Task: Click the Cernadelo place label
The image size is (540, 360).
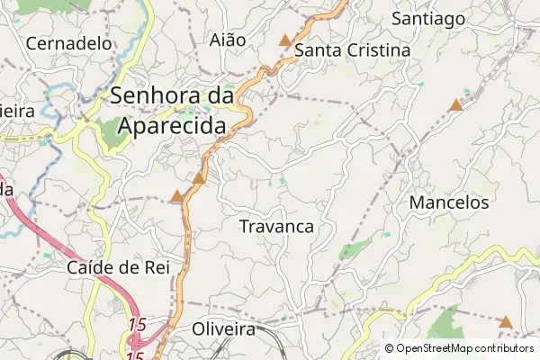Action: pos(69,42)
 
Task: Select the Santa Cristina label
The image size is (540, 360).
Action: pos(353,50)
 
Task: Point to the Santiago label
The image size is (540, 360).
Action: pos(428,18)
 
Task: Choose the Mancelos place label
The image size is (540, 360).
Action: pos(449,202)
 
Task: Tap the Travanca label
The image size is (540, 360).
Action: pos(276,227)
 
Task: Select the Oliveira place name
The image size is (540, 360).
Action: pos(224,329)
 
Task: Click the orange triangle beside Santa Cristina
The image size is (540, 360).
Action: pos(285,40)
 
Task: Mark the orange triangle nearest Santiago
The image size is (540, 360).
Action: pos(456,105)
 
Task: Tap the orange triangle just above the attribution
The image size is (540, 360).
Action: pos(506,321)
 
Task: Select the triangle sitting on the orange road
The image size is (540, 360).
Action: pos(199,178)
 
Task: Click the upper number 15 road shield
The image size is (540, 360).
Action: pos(137,324)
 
